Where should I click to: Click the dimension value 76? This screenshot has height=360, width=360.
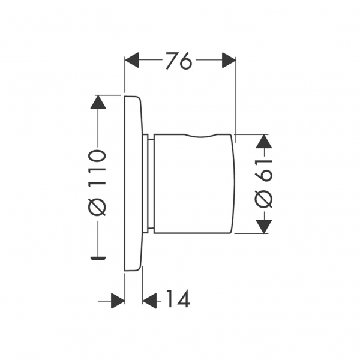178,61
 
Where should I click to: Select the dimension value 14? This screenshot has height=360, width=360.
178,298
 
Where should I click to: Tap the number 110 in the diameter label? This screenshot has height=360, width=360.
98,167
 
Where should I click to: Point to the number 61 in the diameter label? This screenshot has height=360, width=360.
263,170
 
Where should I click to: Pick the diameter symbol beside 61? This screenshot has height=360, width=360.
263,199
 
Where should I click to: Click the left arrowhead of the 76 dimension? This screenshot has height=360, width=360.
132,60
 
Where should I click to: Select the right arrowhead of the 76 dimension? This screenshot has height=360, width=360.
229,60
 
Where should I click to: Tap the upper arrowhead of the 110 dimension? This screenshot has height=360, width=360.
98,102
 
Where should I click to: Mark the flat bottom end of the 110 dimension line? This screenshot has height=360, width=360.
98,258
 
